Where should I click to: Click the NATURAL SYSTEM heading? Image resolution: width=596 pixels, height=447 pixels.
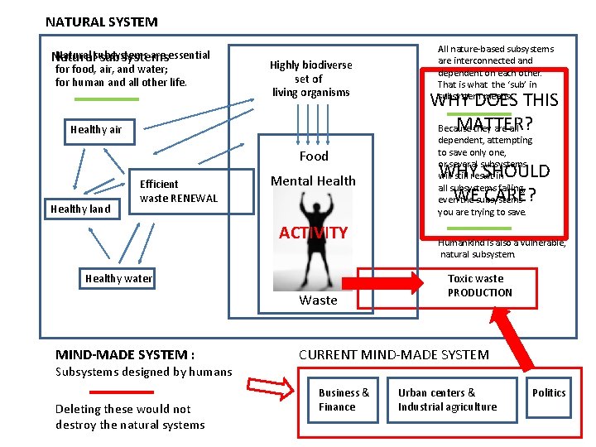(x=101, y=22)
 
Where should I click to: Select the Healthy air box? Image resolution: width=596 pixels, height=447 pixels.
(x=96, y=129)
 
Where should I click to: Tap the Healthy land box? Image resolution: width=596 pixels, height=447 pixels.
(x=80, y=209)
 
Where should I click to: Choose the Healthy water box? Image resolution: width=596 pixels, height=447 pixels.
(x=118, y=278)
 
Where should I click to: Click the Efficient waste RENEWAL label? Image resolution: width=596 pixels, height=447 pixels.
(x=179, y=191)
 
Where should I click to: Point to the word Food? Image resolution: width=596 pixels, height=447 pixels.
(x=314, y=156)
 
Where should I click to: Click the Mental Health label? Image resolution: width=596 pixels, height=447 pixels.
(x=314, y=181)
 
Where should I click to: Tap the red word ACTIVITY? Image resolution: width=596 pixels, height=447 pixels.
(x=313, y=233)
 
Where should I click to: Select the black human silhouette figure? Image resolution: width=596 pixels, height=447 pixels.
(x=314, y=203)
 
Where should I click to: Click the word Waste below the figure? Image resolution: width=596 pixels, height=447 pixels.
(x=319, y=300)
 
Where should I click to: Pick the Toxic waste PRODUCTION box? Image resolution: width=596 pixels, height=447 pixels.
(x=480, y=286)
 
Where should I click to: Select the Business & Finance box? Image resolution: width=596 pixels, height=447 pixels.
(x=344, y=399)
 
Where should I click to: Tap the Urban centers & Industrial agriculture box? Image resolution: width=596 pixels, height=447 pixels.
(x=447, y=399)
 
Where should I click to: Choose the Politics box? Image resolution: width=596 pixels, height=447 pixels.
(x=549, y=392)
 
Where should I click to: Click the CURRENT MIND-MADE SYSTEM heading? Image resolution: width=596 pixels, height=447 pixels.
(x=394, y=355)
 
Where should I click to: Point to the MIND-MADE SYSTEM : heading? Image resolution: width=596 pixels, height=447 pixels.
(x=125, y=355)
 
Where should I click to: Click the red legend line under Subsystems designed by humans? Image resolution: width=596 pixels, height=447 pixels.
(x=122, y=392)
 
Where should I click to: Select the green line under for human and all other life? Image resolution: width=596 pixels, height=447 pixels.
(x=107, y=99)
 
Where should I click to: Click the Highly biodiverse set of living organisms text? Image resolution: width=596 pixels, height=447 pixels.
(x=311, y=79)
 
